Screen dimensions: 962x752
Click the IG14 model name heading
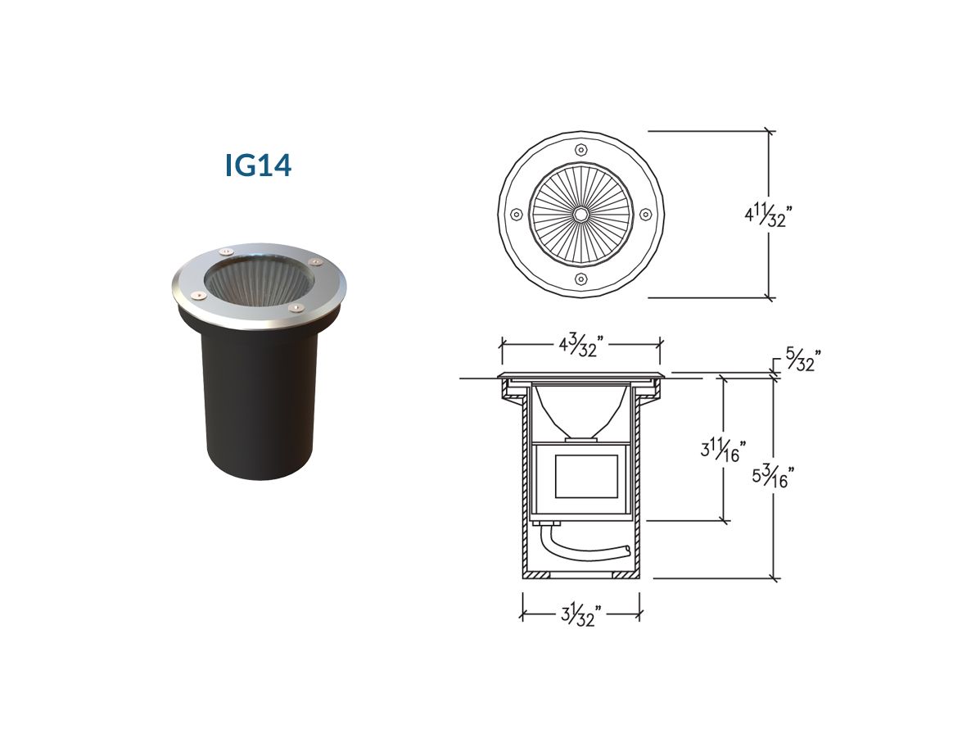258,165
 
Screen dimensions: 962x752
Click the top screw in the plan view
580,150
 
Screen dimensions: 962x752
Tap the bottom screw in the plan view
580,279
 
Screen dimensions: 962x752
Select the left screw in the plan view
516,215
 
